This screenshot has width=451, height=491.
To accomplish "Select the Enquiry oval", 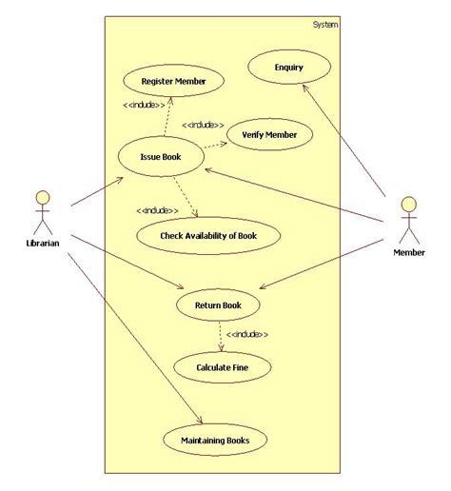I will tap(288, 68).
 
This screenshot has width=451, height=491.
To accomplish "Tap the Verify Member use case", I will tap(269, 135).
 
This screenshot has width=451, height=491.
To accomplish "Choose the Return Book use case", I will tap(218, 305).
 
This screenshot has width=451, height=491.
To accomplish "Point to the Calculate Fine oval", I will tap(221, 366).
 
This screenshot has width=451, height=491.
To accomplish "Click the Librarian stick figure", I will tap(41, 212).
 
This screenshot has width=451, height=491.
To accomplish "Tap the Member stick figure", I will tap(408, 221).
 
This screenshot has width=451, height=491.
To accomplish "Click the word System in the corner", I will tap(324, 25).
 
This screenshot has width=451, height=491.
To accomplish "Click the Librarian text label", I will tap(42, 244).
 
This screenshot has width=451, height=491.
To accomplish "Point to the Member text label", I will tap(409, 252).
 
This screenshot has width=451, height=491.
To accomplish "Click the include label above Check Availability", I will tap(157, 210).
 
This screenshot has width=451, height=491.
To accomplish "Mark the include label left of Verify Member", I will tap(203, 125).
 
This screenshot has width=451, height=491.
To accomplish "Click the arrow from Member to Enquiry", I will tap(346, 143).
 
